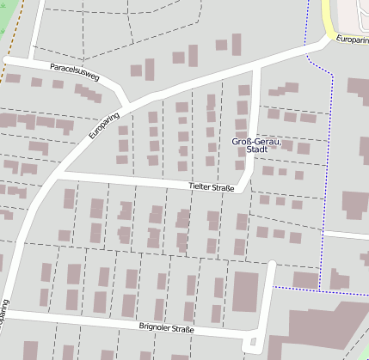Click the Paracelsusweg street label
tap(74, 71)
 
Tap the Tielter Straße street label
tap(212, 186)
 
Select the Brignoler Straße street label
tap(167, 328)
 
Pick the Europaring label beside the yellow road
tap(352, 40)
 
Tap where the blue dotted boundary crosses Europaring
tap(307, 45)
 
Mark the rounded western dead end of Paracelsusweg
tap(7, 60)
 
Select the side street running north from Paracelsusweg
tap(37, 30)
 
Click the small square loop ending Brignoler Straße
tap(252, 345)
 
